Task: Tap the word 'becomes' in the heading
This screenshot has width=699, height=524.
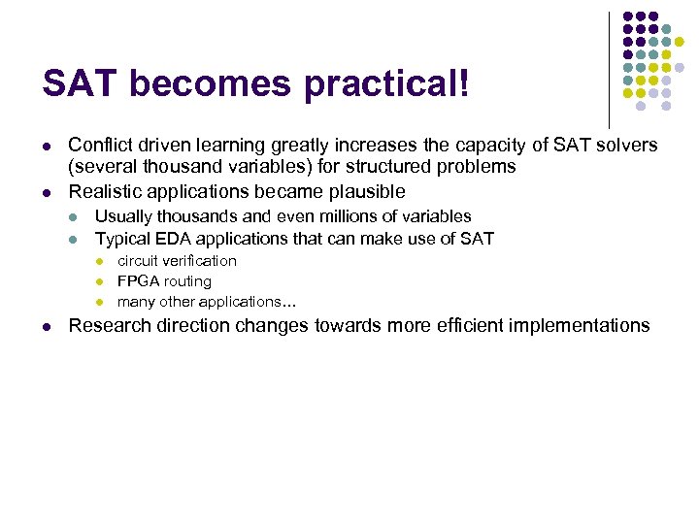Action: pos(210,84)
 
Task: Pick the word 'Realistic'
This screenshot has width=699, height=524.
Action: pos(104,190)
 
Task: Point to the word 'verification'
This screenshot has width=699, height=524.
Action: pos(199,261)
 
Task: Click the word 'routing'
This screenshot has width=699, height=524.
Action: pos(188,281)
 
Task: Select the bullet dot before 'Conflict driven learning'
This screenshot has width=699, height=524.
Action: pos(46,147)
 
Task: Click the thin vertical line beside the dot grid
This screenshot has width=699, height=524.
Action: pos(609,68)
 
